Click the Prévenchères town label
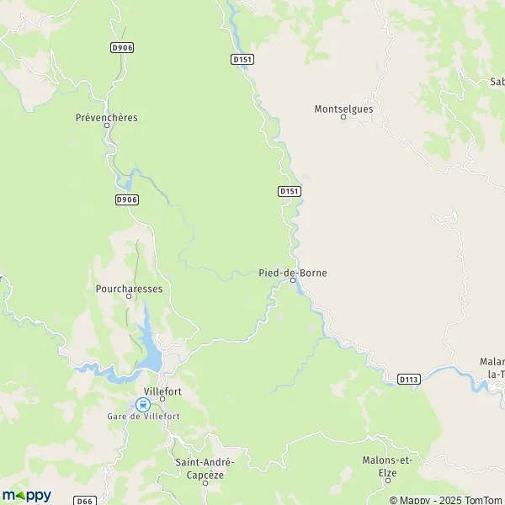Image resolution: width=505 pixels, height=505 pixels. point(107,118)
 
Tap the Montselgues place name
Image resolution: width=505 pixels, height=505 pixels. point(343,109)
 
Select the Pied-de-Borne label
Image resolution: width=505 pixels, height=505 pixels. point(293,273)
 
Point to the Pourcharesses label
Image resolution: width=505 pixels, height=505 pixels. point(129,287)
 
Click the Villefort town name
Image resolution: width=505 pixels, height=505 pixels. point(163,391)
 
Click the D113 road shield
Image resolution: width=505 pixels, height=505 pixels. point(409,380)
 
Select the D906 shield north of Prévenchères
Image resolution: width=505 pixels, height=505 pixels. point(121,48)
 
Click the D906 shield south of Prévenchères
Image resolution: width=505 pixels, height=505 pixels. point(126,199)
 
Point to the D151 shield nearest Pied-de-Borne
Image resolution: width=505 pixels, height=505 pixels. point(289,192)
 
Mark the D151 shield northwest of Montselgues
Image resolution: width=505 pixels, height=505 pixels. point(242,58)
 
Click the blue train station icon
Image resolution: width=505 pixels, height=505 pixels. point(141,404)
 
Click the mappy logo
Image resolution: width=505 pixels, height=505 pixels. point(26,495)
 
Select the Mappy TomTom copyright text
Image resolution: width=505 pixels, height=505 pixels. point(444,500)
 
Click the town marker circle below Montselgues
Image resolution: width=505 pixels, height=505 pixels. point(343,117)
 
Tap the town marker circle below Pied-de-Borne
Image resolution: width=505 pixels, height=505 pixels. point(293,281)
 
